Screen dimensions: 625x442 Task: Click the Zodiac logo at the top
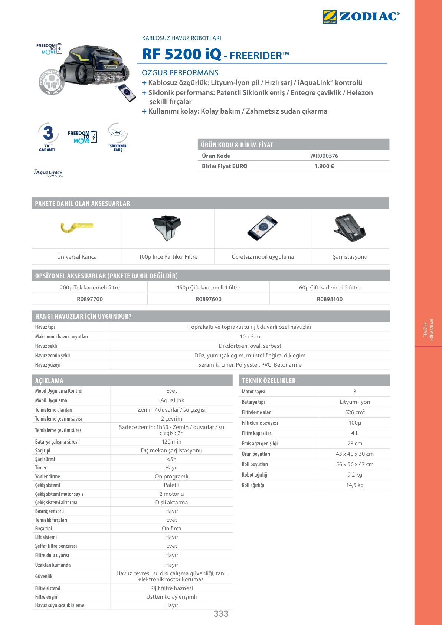pyautogui.click(x=361, y=17)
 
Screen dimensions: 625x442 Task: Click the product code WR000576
pyautogui.click(x=324, y=156)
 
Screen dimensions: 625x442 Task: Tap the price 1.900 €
pyautogui.click(x=324, y=166)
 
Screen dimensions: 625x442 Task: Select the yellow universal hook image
pyautogui.click(x=76, y=227)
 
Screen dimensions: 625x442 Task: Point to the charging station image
pyautogui.click(x=350, y=228)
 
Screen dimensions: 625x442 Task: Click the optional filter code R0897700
pyautogui.click(x=90, y=299)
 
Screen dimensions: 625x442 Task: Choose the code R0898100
pyautogui.click(x=330, y=299)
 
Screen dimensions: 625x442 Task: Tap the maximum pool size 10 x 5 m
pyautogui.click(x=250, y=337)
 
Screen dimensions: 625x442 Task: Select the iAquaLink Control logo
pyautogui.click(x=48, y=173)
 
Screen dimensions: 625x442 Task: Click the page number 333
pyautogui.click(x=221, y=614)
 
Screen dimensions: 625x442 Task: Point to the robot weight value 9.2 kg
pyautogui.click(x=355, y=475)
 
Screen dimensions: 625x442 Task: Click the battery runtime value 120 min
pyautogui.click(x=171, y=442)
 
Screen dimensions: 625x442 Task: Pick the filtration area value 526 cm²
pyautogui.click(x=355, y=412)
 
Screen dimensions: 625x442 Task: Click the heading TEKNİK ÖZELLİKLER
pyautogui.click(x=269, y=381)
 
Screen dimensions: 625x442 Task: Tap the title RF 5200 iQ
pyautogui.click(x=181, y=54)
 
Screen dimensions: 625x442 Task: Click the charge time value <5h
pyautogui.click(x=171, y=459)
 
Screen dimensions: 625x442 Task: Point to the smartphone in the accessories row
pyautogui.click(x=262, y=228)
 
